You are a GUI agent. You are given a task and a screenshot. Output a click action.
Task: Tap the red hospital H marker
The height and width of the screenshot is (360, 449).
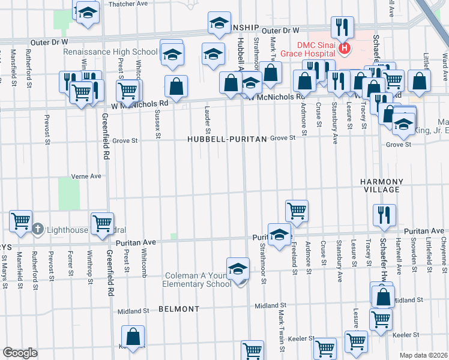[344, 49]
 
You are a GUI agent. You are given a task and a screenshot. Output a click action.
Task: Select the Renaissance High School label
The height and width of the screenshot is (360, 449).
[112, 52]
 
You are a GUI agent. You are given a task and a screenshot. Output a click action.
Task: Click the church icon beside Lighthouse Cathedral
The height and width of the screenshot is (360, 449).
[37, 229]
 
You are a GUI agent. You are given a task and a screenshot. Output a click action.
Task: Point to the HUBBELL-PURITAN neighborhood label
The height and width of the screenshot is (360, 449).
[227, 138]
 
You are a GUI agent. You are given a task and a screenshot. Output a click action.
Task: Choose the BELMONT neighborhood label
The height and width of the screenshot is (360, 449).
[179, 309]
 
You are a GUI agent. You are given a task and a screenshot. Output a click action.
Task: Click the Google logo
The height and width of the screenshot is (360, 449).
[20, 352]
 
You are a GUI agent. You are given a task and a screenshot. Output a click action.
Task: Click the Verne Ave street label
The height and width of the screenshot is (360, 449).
[86, 176]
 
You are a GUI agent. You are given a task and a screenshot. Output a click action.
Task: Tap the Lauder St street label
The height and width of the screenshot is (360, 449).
[208, 120]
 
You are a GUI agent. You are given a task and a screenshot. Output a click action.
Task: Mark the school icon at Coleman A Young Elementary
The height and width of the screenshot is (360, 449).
[238, 269]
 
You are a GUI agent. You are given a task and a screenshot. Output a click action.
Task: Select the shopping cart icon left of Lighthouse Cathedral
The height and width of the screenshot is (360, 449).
[21, 221]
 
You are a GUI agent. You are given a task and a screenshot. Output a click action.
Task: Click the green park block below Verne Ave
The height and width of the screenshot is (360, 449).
[69, 194]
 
